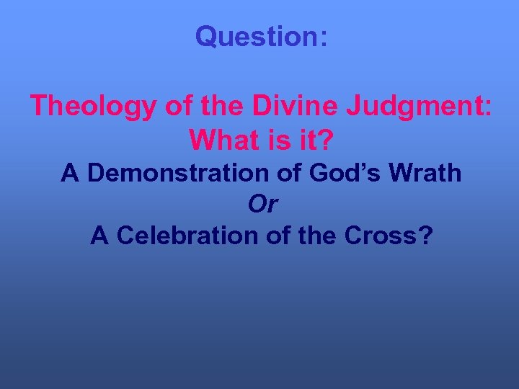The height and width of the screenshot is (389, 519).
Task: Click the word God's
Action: pos(347,173)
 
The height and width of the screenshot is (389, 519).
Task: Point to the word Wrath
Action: pos(427,173)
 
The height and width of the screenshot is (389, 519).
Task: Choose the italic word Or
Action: pos(262,205)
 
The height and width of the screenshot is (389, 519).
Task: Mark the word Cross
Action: pos(381,236)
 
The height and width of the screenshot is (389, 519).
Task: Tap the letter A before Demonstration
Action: pos(69,173)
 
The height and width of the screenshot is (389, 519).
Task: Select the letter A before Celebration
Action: pos(99,236)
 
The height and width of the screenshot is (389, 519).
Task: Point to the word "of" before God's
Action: pos(295,173)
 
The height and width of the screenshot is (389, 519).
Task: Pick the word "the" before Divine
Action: pos(214,107)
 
